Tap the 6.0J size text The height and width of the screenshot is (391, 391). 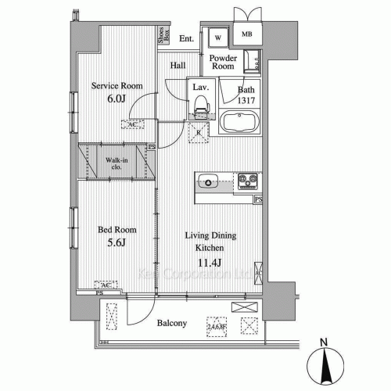click(x=116, y=99)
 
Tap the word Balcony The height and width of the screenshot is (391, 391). click(x=170, y=322)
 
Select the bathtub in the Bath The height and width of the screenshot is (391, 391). click(x=242, y=123)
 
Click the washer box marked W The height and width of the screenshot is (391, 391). click(x=217, y=37)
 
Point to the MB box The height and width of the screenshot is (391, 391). click(x=247, y=34)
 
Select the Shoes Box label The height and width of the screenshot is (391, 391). click(x=161, y=34)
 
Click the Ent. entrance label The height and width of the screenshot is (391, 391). click(x=186, y=38)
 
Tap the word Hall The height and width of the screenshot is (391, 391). click(x=178, y=66)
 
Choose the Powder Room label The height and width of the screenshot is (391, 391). click(x=223, y=63)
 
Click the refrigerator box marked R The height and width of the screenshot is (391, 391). click(x=199, y=131)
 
